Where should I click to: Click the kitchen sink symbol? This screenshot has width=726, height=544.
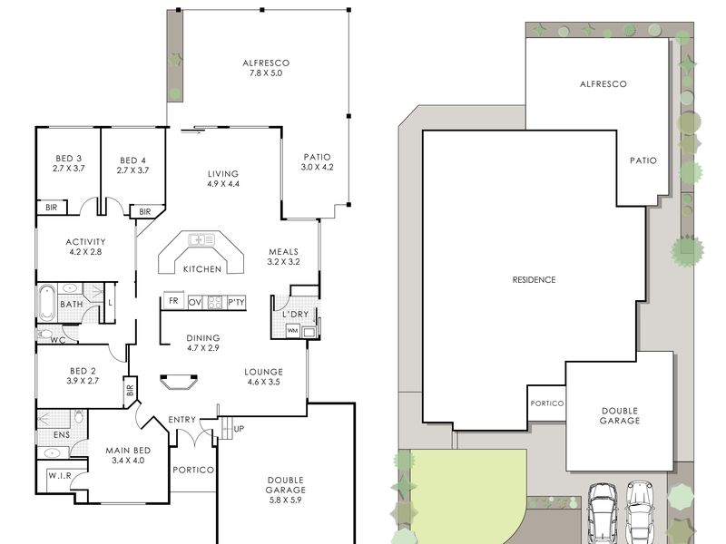pyautogui.click(x=201, y=239)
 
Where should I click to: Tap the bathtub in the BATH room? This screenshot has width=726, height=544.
pyautogui.click(x=46, y=303)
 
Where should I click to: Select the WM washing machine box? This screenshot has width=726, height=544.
pyautogui.click(x=292, y=331)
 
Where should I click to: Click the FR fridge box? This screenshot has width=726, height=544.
pyautogui.click(x=173, y=301)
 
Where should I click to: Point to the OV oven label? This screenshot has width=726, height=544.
pyautogui.click(x=195, y=303)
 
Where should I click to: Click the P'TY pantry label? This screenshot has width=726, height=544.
pyautogui.click(x=236, y=303)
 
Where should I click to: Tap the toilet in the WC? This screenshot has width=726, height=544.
pyautogui.click(x=46, y=334)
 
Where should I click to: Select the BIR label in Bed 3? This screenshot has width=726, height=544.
pyautogui.click(x=52, y=208)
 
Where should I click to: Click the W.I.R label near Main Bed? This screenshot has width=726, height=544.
pyautogui.click(x=60, y=475)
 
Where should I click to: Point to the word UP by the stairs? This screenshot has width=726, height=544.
pyautogui.click(x=239, y=429)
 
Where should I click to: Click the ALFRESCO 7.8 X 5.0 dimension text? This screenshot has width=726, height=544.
pyautogui.click(x=266, y=73)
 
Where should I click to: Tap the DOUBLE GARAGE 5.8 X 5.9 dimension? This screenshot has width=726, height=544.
pyautogui.click(x=285, y=500)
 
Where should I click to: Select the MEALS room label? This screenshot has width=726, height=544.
pyautogui.click(x=283, y=252)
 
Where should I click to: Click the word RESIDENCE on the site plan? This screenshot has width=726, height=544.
pyautogui.click(x=534, y=280)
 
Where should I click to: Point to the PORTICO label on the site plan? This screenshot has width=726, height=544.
pyautogui.click(x=547, y=403)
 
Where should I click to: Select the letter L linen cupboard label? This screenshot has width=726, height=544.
pyautogui.click(x=110, y=303)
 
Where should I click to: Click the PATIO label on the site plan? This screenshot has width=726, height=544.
pyautogui.click(x=643, y=160)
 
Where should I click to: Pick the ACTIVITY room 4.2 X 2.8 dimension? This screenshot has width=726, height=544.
pyautogui.click(x=85, y=252)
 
